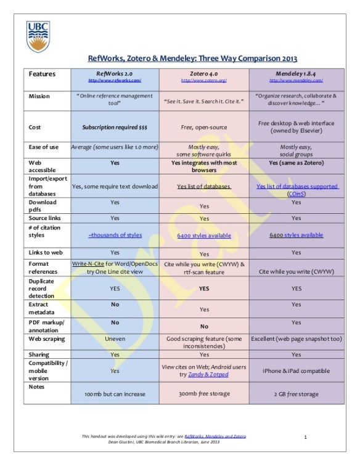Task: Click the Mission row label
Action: click(40, 97)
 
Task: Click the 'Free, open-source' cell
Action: click(204, 128)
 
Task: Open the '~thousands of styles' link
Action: click(115, 235)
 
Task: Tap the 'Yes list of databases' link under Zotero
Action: click(204, 186)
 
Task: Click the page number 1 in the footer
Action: click(306, 437)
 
